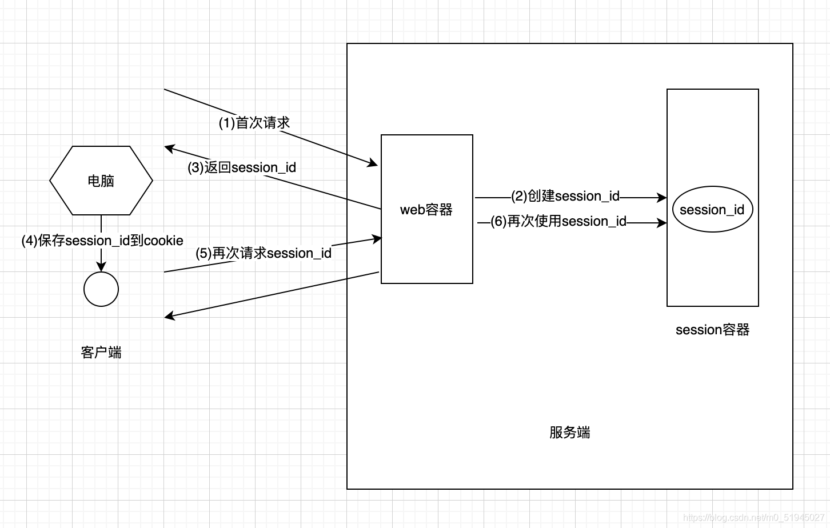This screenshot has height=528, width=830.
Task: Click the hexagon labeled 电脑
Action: pyautogui.click(x=101, y=181)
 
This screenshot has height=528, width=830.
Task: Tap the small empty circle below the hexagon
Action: pyautogui.click(x=101, y=289)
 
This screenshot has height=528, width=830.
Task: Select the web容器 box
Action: pyautogui.click(x=426, y=209)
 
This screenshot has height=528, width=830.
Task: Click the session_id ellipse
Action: pyautogui.click(x=712, y=209)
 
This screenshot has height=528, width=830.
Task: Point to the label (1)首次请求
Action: pyautogui.click(x=254, y=123)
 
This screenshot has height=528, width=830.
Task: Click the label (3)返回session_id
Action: pyautogui.click(x=242, y=167)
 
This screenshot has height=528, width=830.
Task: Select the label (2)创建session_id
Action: pyautogui.click(x=565, y=196)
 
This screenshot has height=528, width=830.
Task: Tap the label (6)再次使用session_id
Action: pyautogui.click(x=558, y=221)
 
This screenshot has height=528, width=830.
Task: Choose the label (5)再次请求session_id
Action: pyautogui.click(x=264, y=253)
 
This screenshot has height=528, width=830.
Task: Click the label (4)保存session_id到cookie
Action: pyautogui.click(x=102, y=241)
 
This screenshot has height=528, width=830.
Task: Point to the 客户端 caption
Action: pyautogui.click(x=101, y=353)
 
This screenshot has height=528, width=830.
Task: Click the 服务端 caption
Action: pyautogui.click(x=570, y=433)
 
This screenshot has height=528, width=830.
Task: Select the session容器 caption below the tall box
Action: pyautogui.click(x=712, y=330)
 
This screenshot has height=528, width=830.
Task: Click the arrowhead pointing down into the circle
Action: pyautogui.click(x=101, y=267)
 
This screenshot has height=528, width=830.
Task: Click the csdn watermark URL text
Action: pyautogui.click(x=753, y=518)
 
